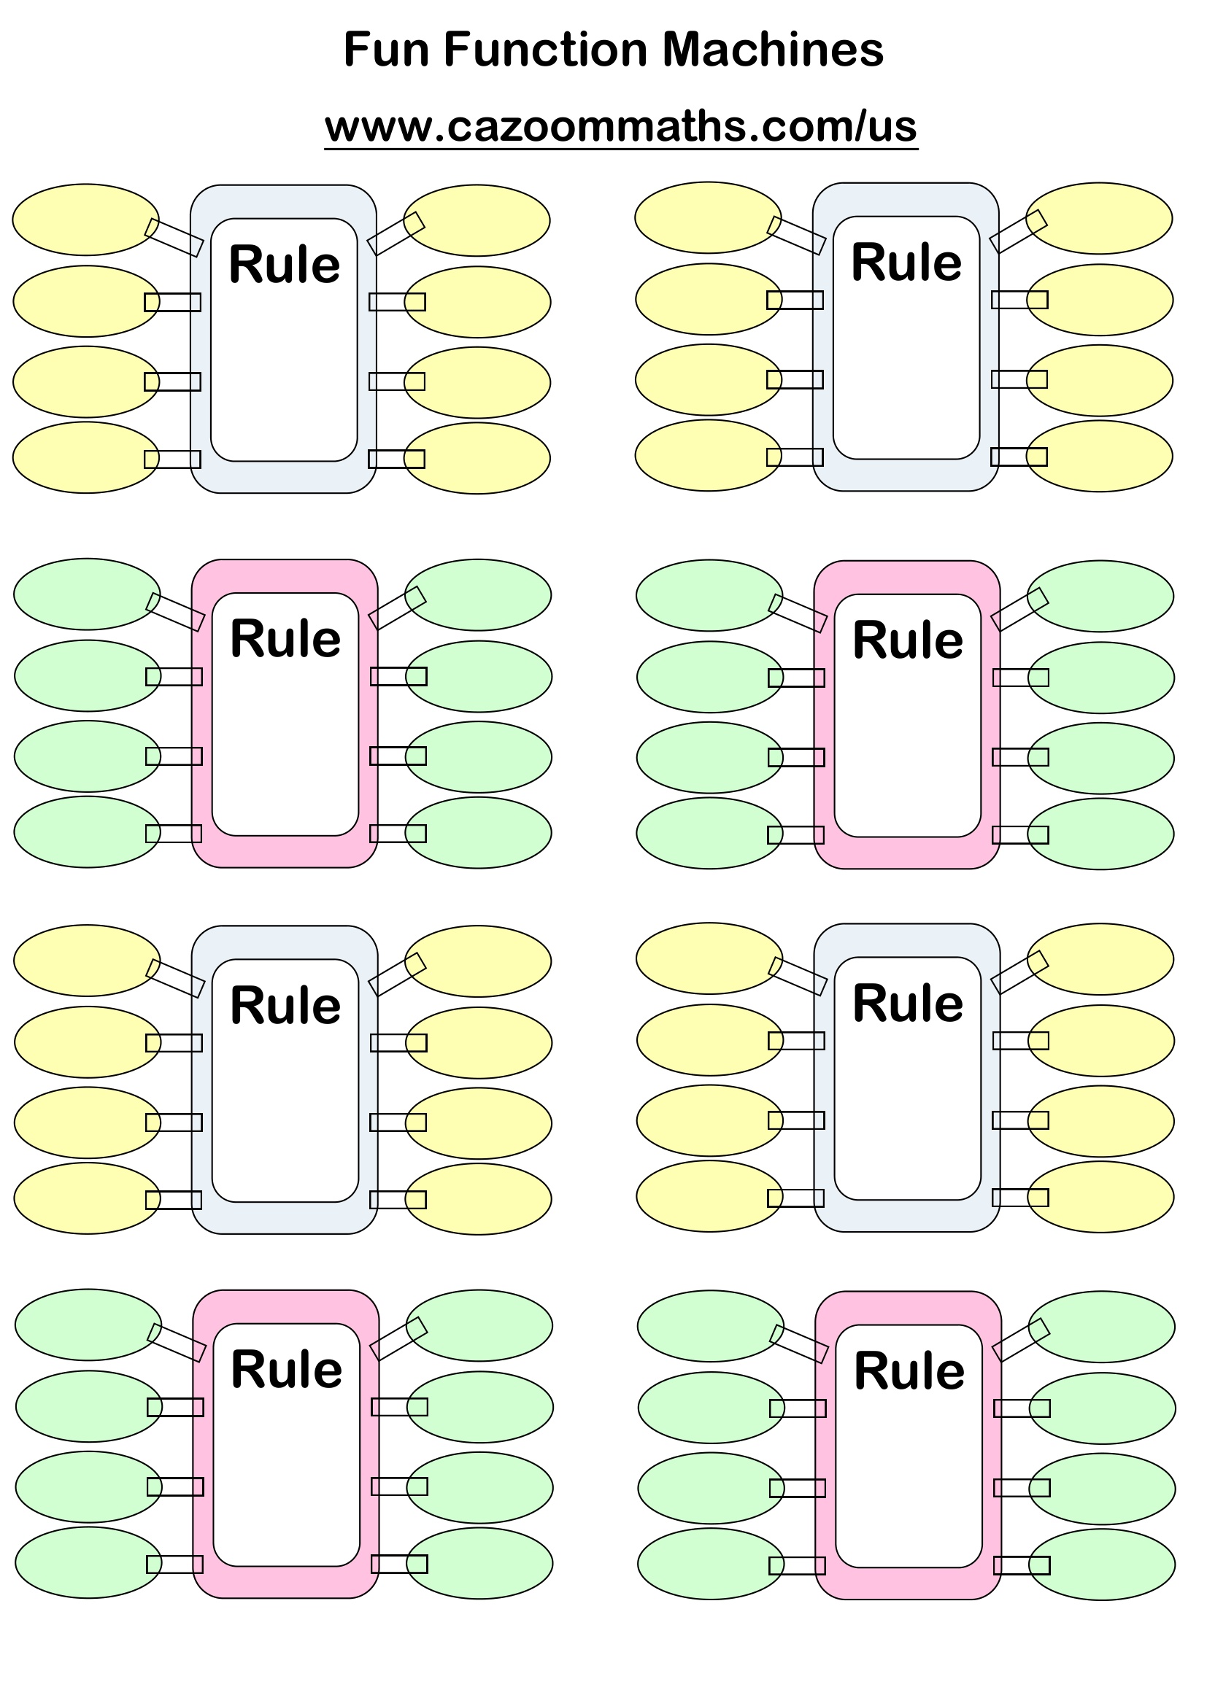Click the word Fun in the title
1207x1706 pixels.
[x=386, y=50]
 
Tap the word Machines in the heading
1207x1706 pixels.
[x=772, y=50]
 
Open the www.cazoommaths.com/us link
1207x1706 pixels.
[x=620, y=126]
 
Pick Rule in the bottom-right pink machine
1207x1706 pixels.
[x=909, y=1371]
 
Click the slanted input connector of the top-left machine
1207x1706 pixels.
[x=174, y=238]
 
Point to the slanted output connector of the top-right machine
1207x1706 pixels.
[x=1018, y=231]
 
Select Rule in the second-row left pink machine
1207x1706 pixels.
[x=285, y=639]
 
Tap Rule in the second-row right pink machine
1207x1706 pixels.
[x=908, y=640]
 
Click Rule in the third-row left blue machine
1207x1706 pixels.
[x=285, y=1005]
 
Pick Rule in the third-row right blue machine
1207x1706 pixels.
[x=908, y=1004]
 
